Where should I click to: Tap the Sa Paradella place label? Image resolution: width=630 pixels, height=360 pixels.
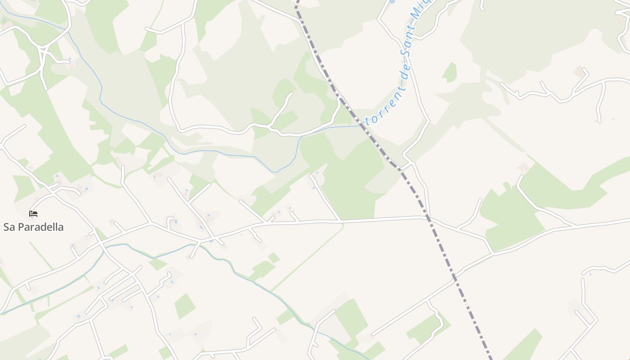coord(33,227)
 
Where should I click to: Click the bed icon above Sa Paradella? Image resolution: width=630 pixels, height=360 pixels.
coord(33,214)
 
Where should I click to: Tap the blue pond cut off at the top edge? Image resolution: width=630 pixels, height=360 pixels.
coord(392,2)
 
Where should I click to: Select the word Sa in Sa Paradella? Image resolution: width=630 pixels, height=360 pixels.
coord(9,227)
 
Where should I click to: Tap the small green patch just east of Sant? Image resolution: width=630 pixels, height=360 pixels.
coord(450,72)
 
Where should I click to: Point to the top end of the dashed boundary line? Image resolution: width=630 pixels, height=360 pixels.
coord(297,3)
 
